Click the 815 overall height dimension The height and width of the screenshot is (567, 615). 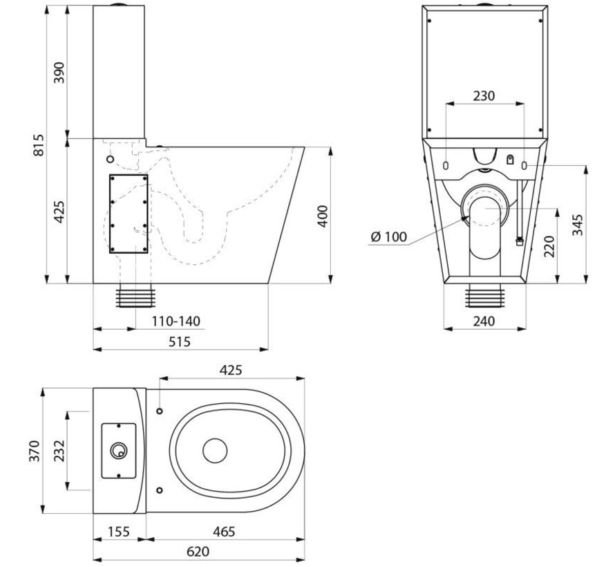[x=39, y=145]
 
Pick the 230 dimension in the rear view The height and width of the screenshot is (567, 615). [x=484, y=96]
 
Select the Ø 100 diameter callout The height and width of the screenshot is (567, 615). [x=388, y=237]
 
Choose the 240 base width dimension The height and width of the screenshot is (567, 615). [x=484, y=321]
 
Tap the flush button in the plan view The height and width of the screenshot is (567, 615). [x=119, y=450]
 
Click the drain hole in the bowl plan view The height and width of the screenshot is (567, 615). [x=215, y=451]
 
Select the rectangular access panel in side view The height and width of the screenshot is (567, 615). [x=129, y=214]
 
